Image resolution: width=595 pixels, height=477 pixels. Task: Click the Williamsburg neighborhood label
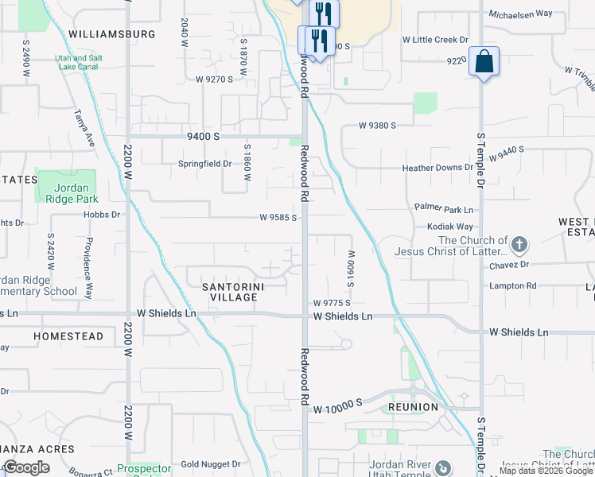coord(111,34)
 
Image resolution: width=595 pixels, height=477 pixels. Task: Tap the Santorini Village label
coord(233,292)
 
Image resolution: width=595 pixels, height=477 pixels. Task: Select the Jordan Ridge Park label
coord(65,194)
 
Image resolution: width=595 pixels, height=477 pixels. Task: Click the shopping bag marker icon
coord(484,62)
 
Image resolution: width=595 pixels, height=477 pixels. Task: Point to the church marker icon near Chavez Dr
coord(519,243)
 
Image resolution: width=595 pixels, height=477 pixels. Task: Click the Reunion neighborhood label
coord(413,407)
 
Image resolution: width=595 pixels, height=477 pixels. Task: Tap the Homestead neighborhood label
coord(68,337)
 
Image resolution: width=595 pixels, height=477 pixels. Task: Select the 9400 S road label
coord(203,137)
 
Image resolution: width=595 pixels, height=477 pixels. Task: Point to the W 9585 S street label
coord(278,217)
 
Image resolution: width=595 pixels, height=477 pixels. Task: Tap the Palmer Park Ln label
coord(443,209)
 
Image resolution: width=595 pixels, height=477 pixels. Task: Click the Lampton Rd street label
coord(513,285)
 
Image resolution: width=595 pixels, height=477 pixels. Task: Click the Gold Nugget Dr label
coord(210,464)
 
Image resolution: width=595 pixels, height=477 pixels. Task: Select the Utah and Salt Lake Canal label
coord(80,63)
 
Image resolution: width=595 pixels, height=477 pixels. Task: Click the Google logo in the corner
coord(26,467)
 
